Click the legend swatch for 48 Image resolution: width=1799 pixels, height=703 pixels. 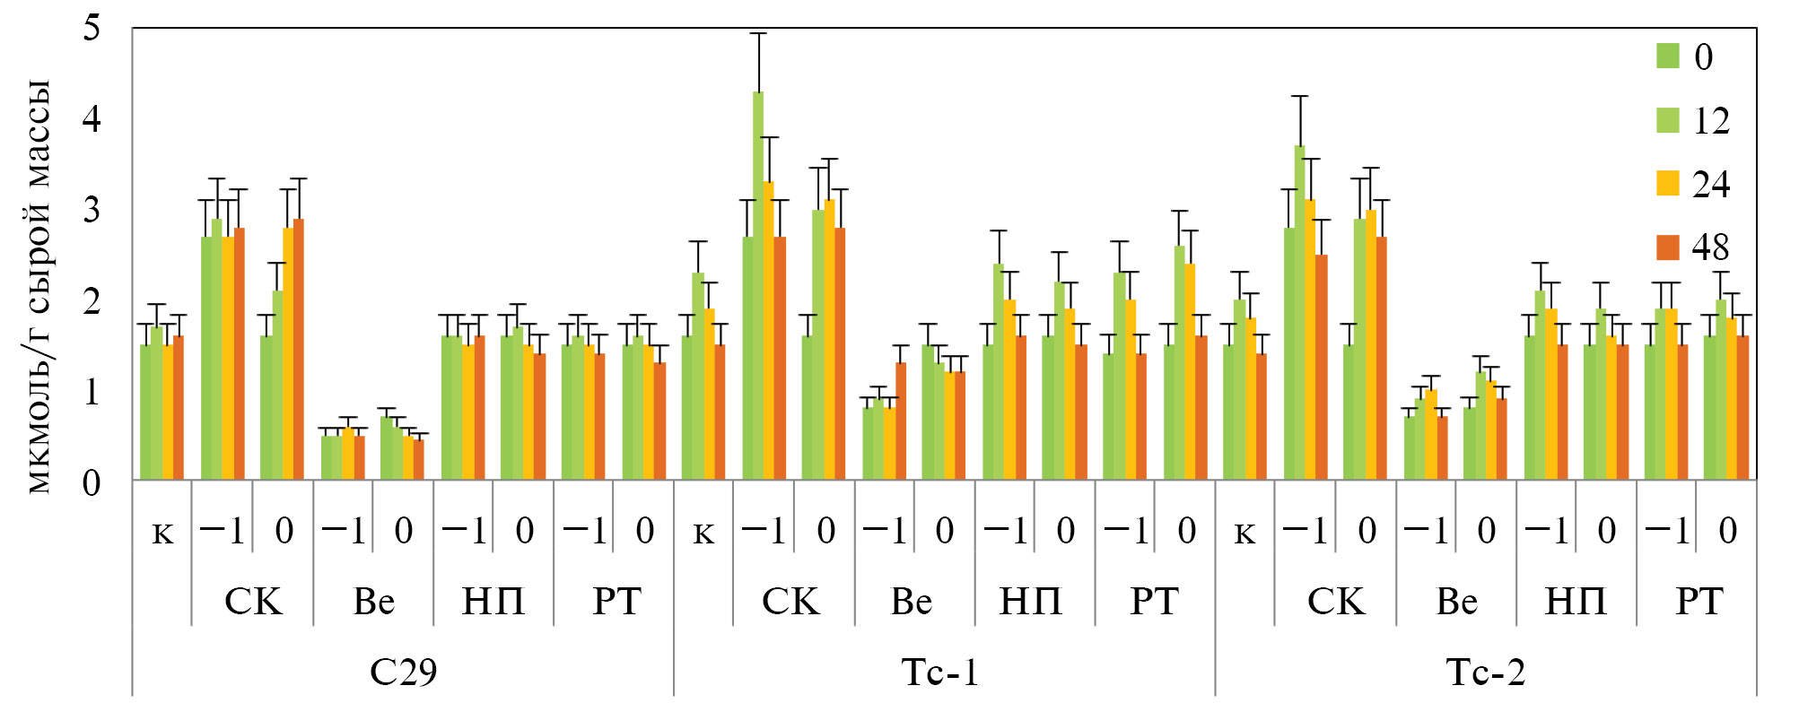point(1667,247)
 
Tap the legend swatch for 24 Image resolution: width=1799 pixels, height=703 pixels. point(1667,184)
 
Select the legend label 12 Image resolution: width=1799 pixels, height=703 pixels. point(1710,121)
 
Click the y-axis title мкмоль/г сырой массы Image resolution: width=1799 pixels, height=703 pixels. point(39,287)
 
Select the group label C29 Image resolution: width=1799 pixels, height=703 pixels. point(403,672)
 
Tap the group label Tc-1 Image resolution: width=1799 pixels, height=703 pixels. point(939,672)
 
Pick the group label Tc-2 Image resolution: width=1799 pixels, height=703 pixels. point(1485,672)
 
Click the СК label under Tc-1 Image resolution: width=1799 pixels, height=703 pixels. point(790,602)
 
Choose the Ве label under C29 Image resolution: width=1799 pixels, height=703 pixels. point(373,602)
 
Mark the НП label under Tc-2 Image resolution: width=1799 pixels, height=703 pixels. point(1576,602)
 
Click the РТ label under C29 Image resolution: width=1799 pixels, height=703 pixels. point(616,602)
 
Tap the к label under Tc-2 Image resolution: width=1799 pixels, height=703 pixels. point(1244,533)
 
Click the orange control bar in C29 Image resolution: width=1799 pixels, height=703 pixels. point(179,408)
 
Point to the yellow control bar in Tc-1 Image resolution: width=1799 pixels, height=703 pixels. point(709,395)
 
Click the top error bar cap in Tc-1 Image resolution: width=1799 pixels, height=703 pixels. point(758,33)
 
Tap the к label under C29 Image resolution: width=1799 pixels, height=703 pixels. point(162,533)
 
